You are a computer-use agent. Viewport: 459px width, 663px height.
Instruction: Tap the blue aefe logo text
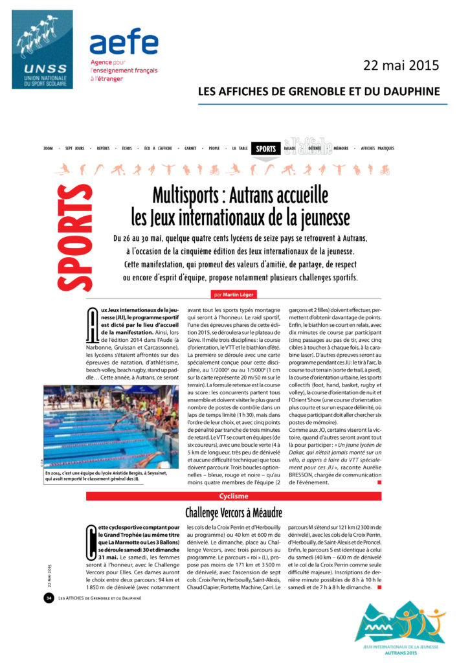point(124,42)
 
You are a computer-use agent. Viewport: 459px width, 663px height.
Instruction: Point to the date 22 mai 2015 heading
point(401,65)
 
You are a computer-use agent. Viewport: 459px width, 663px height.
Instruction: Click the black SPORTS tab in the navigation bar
point(265,148)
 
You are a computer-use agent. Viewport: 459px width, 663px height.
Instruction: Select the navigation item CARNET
point(190,148)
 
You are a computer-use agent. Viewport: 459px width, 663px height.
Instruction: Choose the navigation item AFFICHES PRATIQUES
point(377,148)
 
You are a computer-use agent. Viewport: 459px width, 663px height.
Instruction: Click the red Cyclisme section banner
point(234,497)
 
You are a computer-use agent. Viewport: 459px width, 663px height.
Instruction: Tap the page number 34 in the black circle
point(48,597)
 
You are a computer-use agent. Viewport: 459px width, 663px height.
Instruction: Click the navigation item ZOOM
point(48,148)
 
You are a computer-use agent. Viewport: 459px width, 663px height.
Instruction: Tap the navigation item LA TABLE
point(240,148)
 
